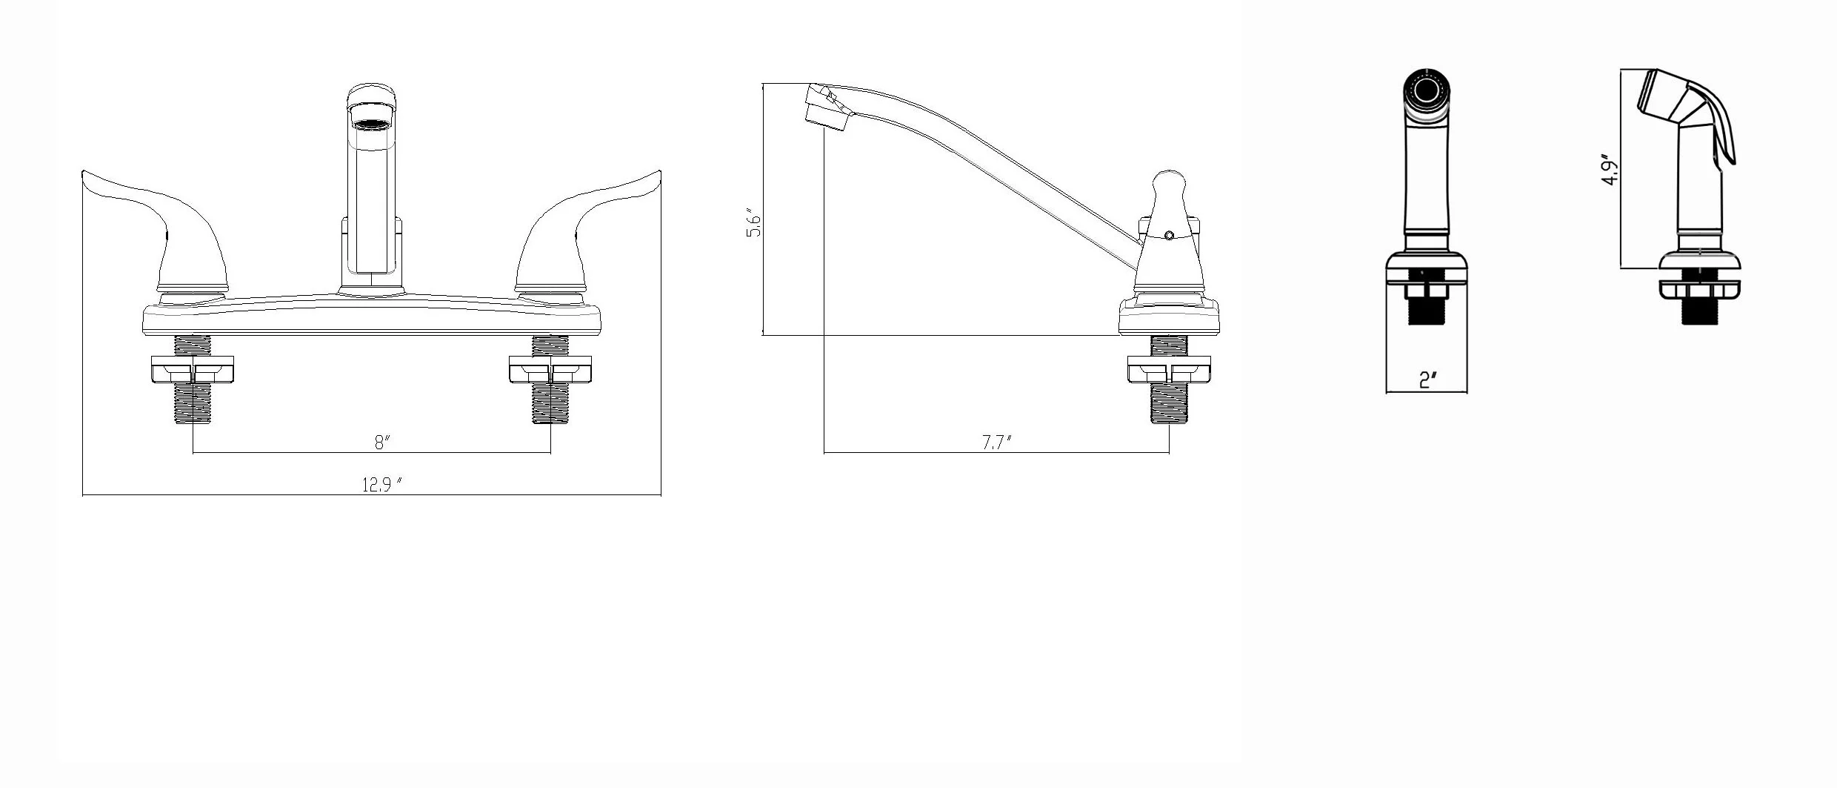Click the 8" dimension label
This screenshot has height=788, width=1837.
tap(381, 443)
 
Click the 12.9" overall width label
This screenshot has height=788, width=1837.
tap(381, 485)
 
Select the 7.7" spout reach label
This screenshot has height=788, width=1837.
tap(996, 443)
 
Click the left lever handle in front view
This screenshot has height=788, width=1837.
tap(178, 230)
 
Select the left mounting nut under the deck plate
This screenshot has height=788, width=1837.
tap(193, 369)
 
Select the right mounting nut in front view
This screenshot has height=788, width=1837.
tap(550, 369)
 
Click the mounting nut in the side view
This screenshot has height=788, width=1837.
tap(1169, 369)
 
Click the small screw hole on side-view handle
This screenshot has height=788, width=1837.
tap(1169, 236)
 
